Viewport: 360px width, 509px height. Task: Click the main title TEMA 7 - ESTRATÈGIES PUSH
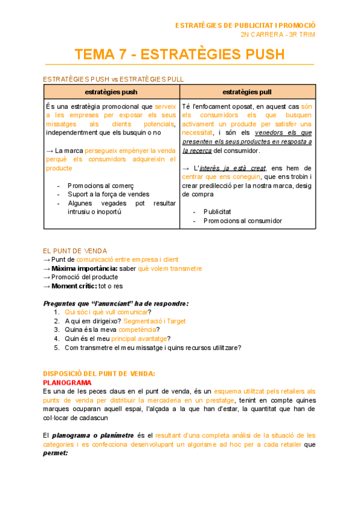tap(179, 55)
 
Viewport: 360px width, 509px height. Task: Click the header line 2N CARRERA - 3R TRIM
tap(277, 35)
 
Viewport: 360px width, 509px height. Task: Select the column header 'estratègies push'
tap(112, 92)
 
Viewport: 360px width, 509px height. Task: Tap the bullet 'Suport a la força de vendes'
tap(108, 194)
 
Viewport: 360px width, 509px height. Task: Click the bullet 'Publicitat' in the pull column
tap(218, 212)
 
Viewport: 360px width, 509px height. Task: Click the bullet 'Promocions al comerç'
tap(100, 185)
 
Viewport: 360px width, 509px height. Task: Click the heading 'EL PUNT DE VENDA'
tap(75, 250)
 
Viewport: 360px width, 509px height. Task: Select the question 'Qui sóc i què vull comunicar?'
tap(107, 312)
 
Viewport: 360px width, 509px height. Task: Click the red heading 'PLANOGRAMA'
tap(67, 382)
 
